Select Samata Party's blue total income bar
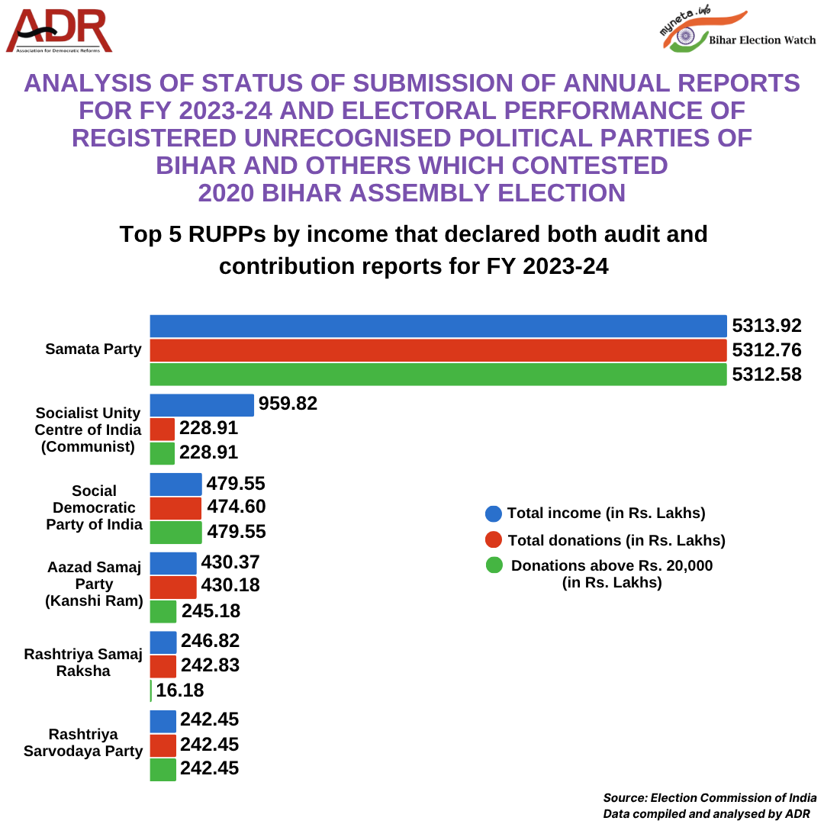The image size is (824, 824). click(437, 326)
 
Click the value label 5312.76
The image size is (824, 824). click(766, 350)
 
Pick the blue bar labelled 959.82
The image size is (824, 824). click(201, 405)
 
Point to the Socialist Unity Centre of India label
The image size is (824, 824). click(89, 430)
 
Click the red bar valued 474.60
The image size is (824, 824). click(175, 508)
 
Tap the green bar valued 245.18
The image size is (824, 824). click(163, 612)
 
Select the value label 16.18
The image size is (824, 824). click(180, 690)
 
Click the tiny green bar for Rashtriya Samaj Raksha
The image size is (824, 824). click(151, 690)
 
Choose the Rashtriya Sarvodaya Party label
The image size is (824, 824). click(95, 742)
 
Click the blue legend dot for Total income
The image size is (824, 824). click(494, 513)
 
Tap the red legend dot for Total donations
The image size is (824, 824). click(494, 540)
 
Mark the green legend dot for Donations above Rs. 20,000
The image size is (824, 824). click(494, 566)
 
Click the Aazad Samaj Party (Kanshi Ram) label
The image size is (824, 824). click(95, 584)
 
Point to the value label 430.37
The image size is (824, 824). click(230, 563)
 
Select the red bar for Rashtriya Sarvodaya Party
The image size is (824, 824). click(163, 745)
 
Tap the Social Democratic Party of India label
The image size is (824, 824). click(95, 507)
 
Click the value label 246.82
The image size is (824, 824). click(210, 641)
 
